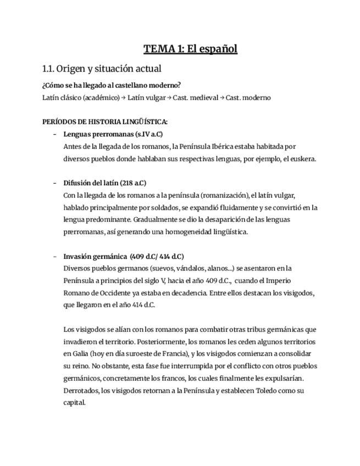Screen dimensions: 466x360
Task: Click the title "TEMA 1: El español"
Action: pos(190,49)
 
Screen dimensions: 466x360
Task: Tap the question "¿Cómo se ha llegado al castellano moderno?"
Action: pos(112,85)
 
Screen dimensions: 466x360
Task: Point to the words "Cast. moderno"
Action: pos(248,97)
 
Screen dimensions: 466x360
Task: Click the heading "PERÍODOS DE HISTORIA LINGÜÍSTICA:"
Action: pos(105,121)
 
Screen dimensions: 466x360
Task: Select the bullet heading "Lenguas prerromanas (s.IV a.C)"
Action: pos(113,134)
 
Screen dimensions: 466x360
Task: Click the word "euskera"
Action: pos(304,159)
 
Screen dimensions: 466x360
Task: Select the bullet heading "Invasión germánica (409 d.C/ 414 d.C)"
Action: pos(124,256)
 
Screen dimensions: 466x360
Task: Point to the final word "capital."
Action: pos(75,402)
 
